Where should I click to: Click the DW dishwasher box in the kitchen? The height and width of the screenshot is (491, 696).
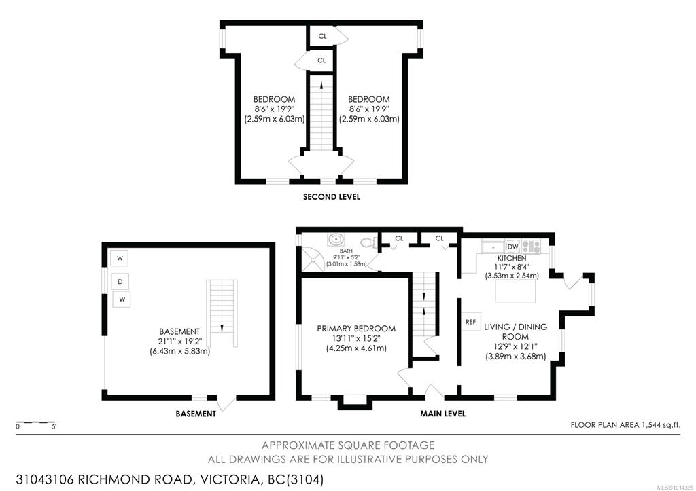pos(512,247)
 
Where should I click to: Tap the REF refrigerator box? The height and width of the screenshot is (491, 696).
pos(470,322)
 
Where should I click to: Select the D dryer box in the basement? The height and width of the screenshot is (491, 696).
pos(120,282)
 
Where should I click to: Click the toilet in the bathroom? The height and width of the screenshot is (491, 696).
pos(369,242)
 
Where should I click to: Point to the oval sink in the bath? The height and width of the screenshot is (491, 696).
pos(336,240)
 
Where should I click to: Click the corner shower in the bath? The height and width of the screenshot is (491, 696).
pos(313,259)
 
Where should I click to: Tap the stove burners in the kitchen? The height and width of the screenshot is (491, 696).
pos(531,247)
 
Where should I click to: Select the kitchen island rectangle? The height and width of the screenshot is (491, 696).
pos(515,291)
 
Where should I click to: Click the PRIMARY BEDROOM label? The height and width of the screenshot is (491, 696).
pos(356,329)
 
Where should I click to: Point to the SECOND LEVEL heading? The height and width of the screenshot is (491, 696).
pos(332,196)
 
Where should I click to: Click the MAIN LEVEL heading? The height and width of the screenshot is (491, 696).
pos(443,414)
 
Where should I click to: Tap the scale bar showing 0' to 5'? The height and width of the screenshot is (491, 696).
pos(35,422)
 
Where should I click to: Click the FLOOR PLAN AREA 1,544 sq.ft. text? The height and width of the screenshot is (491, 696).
pos(625,425)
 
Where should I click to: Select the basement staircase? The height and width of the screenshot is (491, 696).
pos(222,313)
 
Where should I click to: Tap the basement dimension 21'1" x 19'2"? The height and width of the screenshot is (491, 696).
pos(179,341)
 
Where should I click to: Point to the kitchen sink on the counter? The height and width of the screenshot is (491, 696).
pos(493,247)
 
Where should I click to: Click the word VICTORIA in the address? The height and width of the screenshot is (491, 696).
pos(230,480)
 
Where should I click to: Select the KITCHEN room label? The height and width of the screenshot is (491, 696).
pos(512,258)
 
